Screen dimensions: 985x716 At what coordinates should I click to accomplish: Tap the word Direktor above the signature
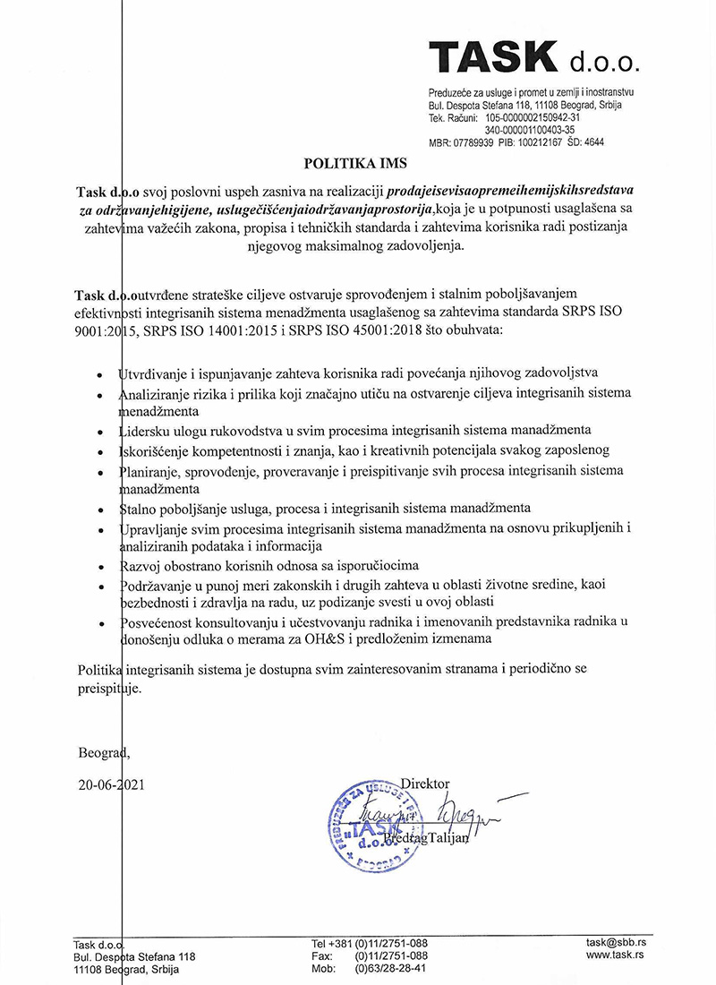[425, 784]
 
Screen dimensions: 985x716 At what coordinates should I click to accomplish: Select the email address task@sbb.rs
[617, 943]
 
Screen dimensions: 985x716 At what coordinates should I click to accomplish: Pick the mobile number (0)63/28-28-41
[390, 968]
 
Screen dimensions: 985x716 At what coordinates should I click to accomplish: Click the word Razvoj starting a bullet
[141, 565]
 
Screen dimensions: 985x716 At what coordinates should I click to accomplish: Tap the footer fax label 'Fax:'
[323, 955]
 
